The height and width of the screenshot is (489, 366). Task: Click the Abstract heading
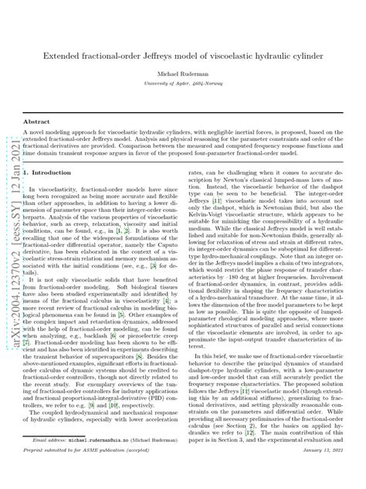click(36, 122)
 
